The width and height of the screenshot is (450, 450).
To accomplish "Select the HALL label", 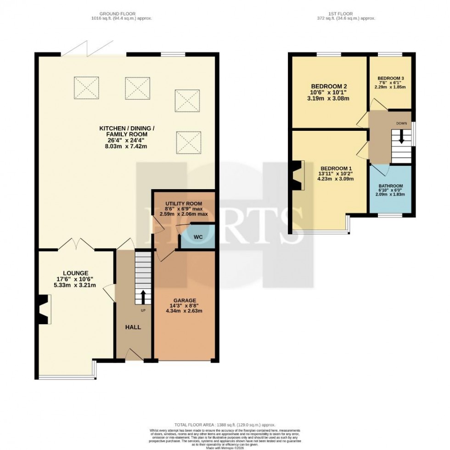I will pos(133,327).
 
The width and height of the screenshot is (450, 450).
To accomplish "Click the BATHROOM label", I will pos(391,186).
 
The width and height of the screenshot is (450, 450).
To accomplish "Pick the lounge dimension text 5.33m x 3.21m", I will pos(76,285).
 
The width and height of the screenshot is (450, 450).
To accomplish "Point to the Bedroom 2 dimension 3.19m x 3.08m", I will pos(328,98).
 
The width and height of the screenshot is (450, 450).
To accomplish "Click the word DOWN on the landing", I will pos(402,124).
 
